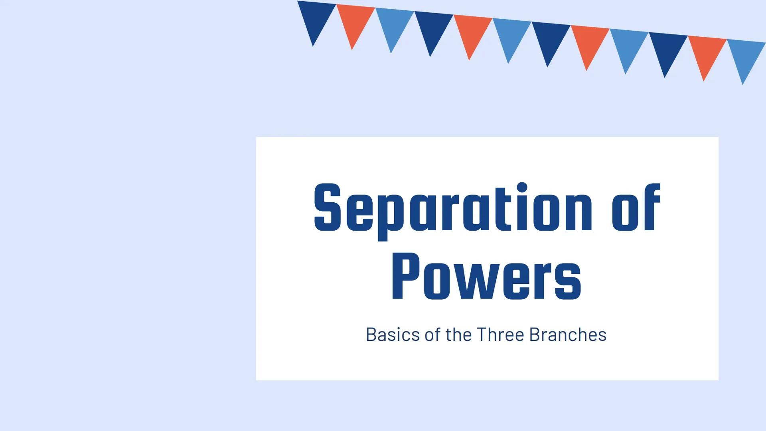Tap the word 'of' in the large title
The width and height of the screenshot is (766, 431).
click(x=637, y=208)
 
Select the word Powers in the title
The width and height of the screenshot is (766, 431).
click(x=486, y=277)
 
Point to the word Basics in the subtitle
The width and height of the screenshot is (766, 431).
click(x=393, y=334)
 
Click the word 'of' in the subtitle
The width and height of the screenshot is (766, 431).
click(x=433, y=334)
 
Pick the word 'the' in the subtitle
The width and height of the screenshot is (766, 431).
click(x=459, y=334)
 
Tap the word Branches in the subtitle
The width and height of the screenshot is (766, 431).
click(x=568, y=334)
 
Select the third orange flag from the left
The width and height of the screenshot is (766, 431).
click(x=588, y=42)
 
